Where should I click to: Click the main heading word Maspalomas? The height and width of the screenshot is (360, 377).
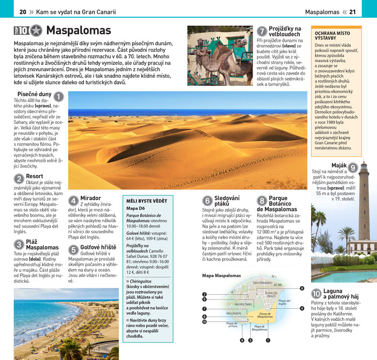point(78,31)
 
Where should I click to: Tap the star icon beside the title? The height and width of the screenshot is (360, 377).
point(36,31)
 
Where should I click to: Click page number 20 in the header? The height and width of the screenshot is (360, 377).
point(23,12)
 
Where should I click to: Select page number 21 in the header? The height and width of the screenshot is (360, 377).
point(353,12)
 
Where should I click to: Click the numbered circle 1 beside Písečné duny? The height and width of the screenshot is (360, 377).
point(59,96)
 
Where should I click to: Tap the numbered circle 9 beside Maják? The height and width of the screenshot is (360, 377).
point(353,168)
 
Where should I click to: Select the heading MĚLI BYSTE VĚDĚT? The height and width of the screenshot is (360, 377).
point(147,201)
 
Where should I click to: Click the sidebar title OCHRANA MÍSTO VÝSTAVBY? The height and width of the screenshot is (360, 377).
point(332,35)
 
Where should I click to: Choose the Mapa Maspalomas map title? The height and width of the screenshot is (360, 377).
point(222,276)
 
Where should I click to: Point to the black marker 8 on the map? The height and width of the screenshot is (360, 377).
point(302,288)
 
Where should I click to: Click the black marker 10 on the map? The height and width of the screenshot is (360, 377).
point(204,322)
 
